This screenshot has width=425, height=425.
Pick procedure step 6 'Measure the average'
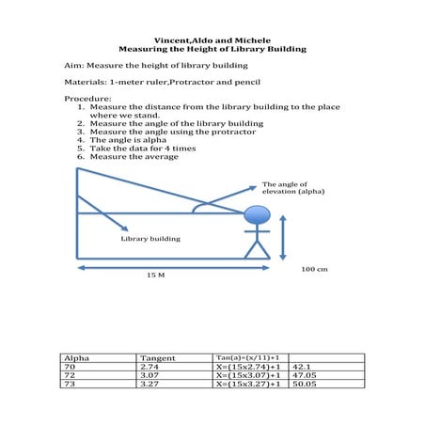(140, 157)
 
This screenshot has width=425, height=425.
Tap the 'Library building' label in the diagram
(150, 239)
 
